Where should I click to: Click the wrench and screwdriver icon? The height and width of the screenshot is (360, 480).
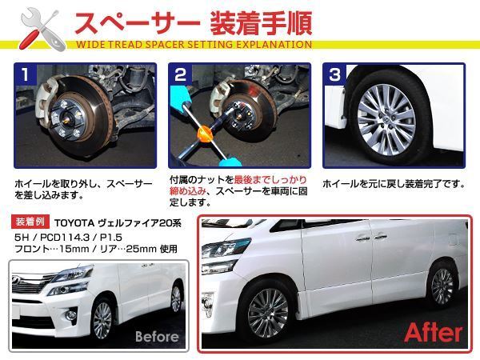36,26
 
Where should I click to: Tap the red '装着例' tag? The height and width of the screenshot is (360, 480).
32,222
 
